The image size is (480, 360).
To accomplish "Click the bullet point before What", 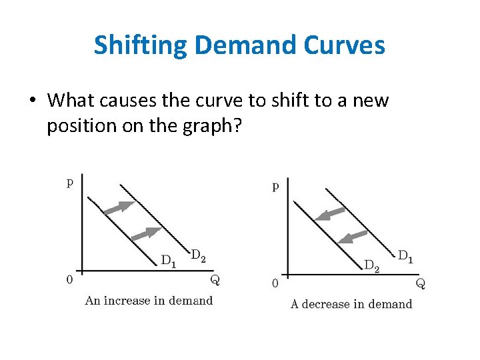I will (32, 101).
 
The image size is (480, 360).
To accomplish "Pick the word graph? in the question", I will (209, 126).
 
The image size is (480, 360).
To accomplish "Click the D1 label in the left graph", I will (169, 261).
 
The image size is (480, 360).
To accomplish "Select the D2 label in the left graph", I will (198, 255).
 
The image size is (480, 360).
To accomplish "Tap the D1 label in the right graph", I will (405, 255).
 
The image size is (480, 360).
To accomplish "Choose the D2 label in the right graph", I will (372, 266).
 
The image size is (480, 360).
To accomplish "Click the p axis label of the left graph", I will (70, 182).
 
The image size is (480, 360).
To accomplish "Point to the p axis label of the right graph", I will (275, 187).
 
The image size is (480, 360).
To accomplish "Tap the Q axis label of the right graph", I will (421, 283).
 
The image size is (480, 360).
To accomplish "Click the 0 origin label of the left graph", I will (69, 279).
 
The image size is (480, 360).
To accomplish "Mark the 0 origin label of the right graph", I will (275, 283).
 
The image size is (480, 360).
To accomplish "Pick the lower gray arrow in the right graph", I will (353, 237).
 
